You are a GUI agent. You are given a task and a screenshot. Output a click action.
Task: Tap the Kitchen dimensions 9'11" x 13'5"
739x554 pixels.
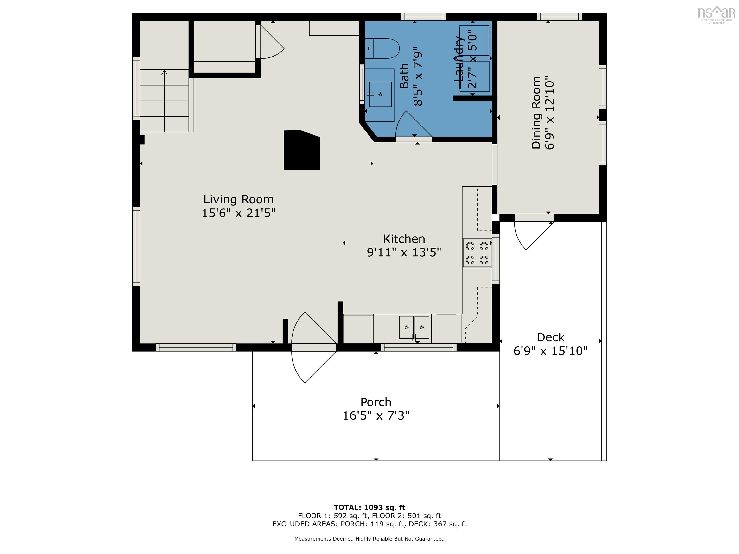404,252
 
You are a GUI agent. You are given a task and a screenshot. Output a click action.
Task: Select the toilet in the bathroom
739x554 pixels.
382,48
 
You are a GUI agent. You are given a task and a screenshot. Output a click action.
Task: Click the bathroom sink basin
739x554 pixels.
380,94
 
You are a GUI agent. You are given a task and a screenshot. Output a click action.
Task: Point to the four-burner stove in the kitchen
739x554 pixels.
477,253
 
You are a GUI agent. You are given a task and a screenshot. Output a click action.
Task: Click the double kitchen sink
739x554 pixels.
414,327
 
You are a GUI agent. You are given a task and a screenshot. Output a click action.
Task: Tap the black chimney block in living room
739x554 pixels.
301,150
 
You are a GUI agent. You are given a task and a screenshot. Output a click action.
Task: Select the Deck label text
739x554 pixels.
550,337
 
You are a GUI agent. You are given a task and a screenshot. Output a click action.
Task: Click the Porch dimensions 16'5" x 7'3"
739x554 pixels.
376,416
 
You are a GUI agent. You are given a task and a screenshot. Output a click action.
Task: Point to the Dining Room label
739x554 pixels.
536,113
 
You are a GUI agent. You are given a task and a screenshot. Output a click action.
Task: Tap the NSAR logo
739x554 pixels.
716,14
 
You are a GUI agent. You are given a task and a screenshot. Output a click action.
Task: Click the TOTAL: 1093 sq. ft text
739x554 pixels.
369,508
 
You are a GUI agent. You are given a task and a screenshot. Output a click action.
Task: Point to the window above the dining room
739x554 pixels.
559,17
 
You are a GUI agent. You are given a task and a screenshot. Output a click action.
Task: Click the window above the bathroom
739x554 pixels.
423,17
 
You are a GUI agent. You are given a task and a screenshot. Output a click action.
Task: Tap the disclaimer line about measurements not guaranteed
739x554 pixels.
369,539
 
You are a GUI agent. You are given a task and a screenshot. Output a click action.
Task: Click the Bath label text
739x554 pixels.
404,76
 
